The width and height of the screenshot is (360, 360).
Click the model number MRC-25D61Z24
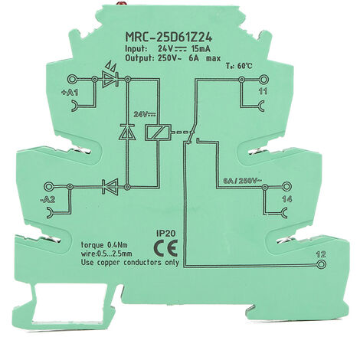169,38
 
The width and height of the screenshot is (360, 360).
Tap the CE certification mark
165,248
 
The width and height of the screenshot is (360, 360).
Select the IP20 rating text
165,233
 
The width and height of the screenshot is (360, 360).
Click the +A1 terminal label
70,93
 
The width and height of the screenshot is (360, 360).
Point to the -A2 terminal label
47,199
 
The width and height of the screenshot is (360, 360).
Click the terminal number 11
263,91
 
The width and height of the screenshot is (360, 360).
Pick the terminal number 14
286,199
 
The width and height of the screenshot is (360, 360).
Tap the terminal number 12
321,254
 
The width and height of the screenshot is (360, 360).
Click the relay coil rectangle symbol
159,133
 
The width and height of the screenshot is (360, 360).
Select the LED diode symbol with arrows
110,77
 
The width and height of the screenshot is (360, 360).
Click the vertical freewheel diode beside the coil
127,132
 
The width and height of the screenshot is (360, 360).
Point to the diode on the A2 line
110,187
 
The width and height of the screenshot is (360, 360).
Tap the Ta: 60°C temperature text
239,66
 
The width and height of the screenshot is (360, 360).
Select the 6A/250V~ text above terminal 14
242,181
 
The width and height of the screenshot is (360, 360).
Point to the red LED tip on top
119,3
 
